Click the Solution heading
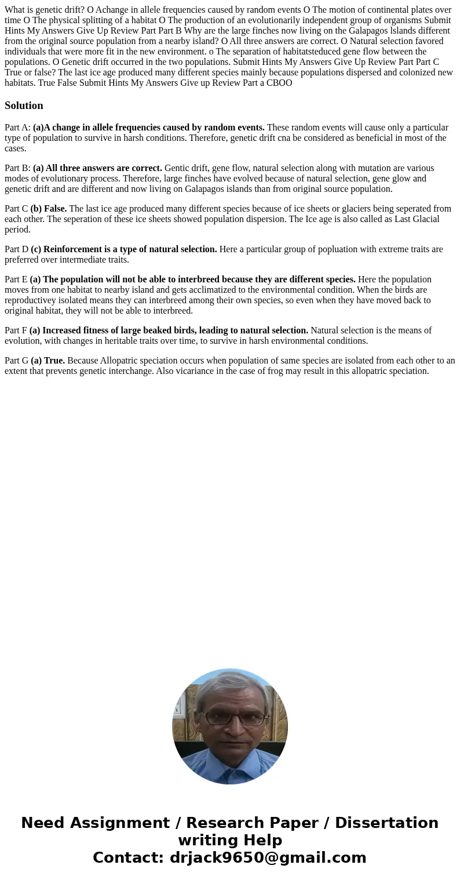coord(24,106)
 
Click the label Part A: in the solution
coord(17,128)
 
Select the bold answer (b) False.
coord(49,209)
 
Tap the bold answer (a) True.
coord(48,361)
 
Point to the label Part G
coord(16,361)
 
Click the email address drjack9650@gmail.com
coord(268,857)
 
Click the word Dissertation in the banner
coord(386,823)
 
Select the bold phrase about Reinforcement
coord(124,249)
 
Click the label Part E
coord(16,279)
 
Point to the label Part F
coord(16,330)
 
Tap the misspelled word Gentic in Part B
coord(177,168)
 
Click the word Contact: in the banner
coord(129,857)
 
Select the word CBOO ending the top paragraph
coord(279,83)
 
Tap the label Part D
coord(16,249)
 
